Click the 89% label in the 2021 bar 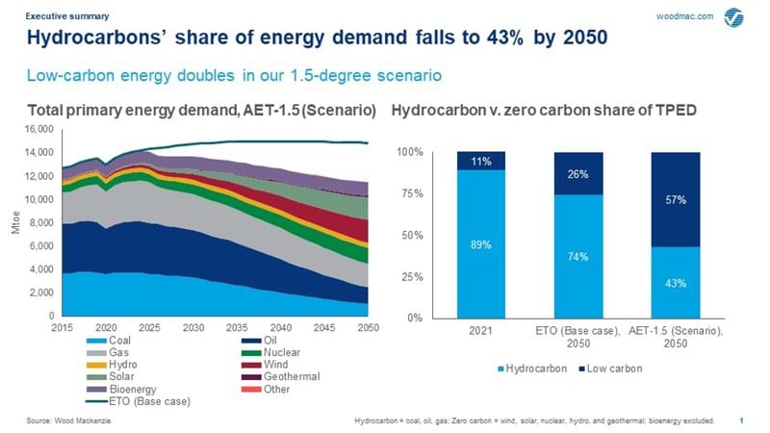point(480,245)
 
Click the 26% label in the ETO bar point(578,173)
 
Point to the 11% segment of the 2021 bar point(480,161)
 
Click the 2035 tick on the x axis point(236,327)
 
